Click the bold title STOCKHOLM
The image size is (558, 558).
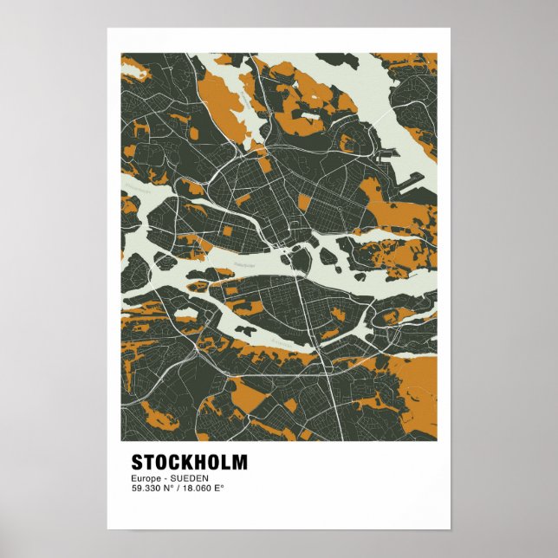pyautogui.click(x=189, y=462)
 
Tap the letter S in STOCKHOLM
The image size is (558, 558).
pyautogui.click(x=137, y=462)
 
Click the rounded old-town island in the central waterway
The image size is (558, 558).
pyautogui.click(x=301, y=259)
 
